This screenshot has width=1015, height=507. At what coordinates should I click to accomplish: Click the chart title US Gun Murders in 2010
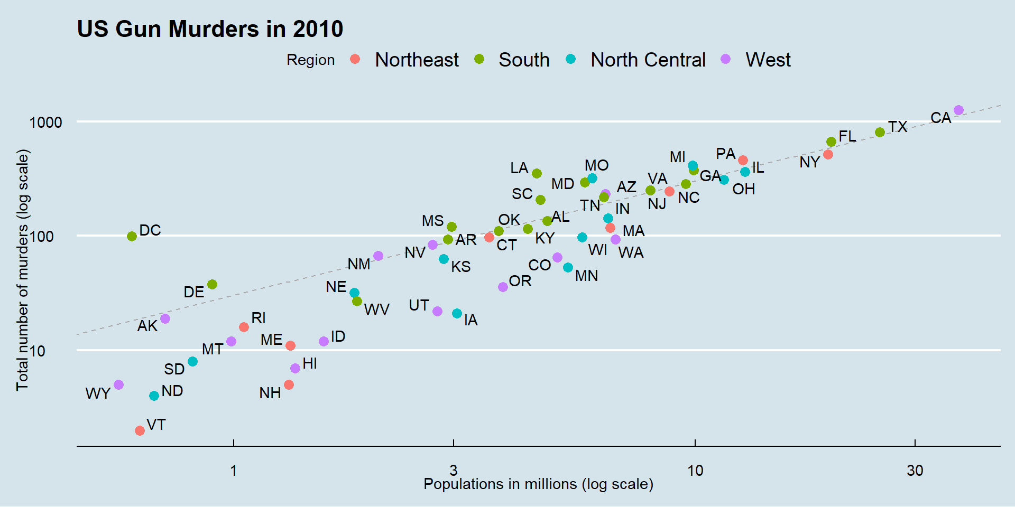[210, 29]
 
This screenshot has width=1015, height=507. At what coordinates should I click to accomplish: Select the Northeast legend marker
[355, 59]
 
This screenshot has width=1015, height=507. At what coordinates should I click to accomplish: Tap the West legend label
[768, 60]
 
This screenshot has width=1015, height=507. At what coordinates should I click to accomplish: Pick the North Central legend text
[648, 60]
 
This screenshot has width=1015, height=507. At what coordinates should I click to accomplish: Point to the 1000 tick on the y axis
[46, 123]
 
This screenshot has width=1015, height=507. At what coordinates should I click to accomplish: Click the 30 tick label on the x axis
[915, 470]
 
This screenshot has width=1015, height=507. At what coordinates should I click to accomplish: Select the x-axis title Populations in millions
[538, 484]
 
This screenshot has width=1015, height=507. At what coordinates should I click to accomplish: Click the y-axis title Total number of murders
[22, 270]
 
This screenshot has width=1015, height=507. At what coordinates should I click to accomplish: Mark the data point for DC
[132, 236]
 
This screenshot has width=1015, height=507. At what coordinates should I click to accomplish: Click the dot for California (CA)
[958, 110]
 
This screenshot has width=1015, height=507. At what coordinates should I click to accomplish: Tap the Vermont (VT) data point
[140, 430]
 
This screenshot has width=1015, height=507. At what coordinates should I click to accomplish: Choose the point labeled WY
[119, 384]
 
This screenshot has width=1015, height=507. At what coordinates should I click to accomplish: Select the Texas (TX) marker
[880, 132]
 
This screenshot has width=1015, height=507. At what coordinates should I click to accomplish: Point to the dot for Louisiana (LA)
[537, 173]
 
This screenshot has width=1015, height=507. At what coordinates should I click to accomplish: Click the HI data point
[295, 368]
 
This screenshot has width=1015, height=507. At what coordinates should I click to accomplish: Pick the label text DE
[193, 292]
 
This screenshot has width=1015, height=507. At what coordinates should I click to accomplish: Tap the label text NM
[358, 264]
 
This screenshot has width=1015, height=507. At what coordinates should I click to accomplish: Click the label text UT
[419, 305]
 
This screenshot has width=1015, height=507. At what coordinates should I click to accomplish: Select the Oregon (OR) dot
[503, 287]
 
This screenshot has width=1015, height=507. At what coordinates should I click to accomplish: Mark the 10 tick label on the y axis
[37, 351]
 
